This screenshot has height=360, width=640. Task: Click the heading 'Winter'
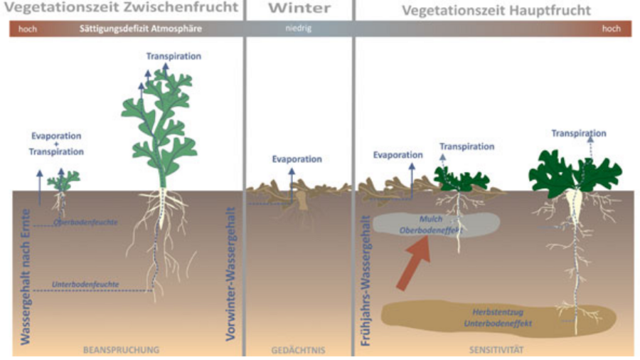(x=299, y=9)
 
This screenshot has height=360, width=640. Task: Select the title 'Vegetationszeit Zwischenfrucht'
(x=121, y=9)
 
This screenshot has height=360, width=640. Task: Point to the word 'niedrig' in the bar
(x=299, y=29)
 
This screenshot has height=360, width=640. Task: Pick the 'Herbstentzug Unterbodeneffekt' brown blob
(x=491, y=317)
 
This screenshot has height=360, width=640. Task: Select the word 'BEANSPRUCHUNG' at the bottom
(x=121, y=350)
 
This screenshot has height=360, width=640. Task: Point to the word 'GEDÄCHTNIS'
(x=298, y=350)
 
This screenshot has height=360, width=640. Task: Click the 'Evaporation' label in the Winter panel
(x=297, y=159)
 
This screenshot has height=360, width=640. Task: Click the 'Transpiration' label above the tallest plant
(x=174, y=56)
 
